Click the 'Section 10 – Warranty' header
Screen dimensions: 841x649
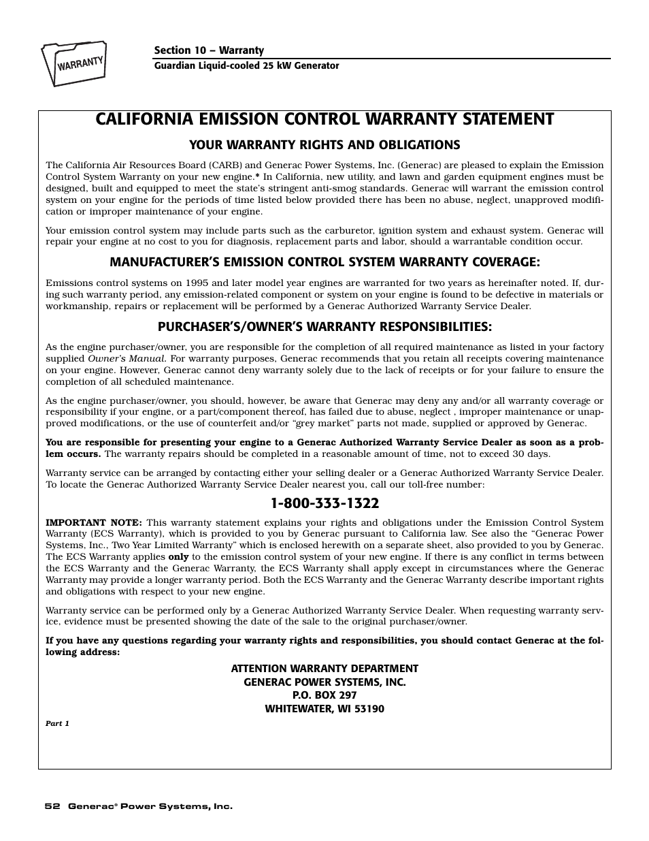(x=209, y=50)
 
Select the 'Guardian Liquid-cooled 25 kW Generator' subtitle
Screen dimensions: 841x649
(x=246, y=66)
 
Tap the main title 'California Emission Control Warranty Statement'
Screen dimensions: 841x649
(x=324, y=119)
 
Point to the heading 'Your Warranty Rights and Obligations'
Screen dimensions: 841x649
(x=324, y=145)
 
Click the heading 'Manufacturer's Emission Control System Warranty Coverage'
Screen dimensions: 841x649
(x=324, y=262)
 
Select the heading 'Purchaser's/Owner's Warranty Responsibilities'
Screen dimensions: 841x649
(x=324, y=327)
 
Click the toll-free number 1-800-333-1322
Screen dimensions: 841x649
(x=324, y=503)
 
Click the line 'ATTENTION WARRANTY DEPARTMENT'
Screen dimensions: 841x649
(x=324, y=669)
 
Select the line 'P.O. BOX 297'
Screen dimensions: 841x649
(x=324, y=695)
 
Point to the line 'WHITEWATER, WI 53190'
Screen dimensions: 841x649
(x=324, y=709)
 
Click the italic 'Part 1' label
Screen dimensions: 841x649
(x=58, y=724)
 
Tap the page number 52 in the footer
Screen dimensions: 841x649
(x=51, y=806)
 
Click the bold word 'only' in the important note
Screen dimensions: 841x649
(x=178, y=557)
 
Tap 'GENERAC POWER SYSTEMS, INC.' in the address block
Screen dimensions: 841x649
(x=324, y=682)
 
